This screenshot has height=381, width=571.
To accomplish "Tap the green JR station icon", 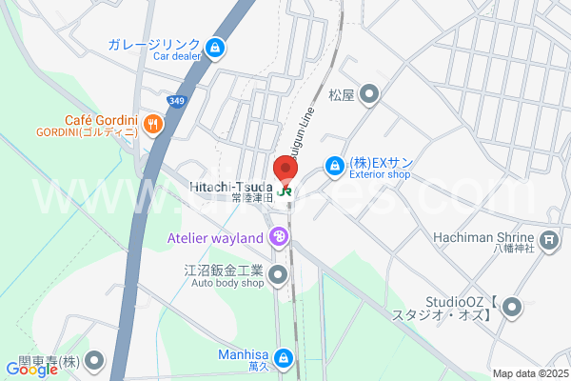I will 286,189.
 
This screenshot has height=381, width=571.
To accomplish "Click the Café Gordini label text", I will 102,119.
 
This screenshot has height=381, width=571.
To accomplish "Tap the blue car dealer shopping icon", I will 216,46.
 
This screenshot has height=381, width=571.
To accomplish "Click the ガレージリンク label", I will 153,45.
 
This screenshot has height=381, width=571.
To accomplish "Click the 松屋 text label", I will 341,95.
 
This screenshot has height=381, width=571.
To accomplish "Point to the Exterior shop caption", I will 379,175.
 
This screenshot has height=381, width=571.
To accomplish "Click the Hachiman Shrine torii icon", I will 548,239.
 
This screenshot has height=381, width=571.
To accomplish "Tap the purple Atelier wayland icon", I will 278,237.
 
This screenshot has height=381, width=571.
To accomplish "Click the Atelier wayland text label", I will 215,237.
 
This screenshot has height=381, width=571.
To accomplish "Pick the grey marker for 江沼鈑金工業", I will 278,276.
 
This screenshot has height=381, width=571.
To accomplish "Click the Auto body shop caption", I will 226,283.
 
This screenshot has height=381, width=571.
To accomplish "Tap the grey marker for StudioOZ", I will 512,307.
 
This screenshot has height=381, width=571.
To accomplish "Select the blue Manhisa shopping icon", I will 283,358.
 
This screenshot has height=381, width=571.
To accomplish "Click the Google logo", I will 32,370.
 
